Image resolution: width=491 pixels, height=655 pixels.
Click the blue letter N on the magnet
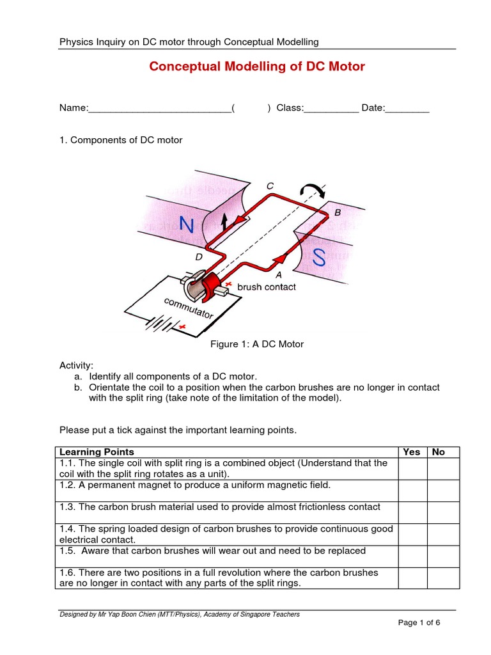[186, 225]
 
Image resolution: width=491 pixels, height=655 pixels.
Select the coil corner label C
[270, 186]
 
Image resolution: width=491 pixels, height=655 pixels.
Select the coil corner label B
[338, 212]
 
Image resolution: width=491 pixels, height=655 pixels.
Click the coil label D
[198, 257]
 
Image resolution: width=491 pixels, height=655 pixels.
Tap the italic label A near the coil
[277, 274]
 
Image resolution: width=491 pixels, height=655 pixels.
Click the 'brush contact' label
[267, 287]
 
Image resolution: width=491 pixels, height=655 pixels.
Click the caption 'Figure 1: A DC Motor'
[257, 344]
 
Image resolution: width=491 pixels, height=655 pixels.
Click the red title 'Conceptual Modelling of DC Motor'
[257, 67]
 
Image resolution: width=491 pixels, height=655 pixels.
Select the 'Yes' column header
[412, 452]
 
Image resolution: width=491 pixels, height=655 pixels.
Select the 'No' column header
[439, 452]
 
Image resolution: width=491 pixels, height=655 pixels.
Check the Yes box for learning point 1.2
[412, 490]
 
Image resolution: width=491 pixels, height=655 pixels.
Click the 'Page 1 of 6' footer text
[419, 622]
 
